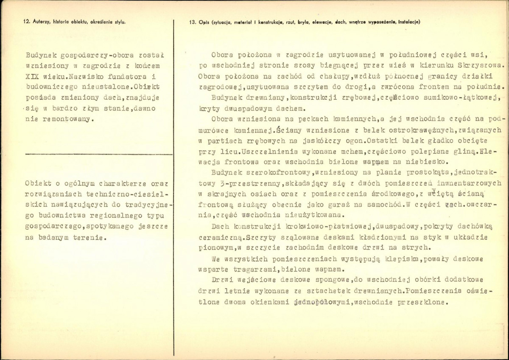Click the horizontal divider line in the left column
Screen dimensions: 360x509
[x=98, y=154]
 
